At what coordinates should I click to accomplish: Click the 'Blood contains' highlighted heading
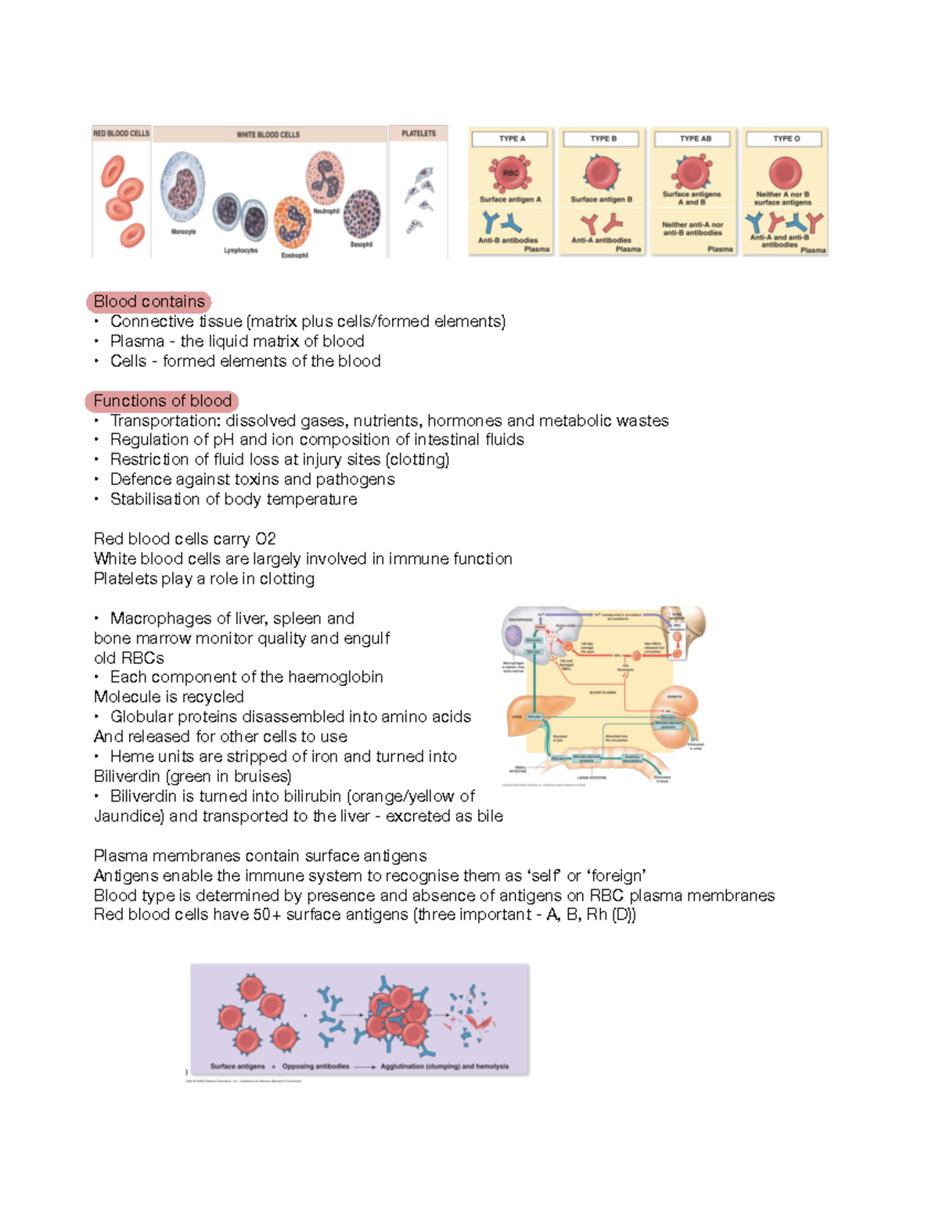(x=149, y=301)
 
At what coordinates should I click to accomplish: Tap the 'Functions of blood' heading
(x=162, y=400)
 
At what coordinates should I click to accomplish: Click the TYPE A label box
(x=512, y=138)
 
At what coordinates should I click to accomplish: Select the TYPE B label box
(x=603, y=138)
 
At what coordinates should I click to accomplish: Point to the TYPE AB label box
(x=694, y=138)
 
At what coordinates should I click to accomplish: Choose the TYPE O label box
(x=786, y=138)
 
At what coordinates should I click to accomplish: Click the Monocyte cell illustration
(x=182, y=188)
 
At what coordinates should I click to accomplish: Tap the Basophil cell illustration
(x=362, y=213)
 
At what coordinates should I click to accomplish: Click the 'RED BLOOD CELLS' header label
(x=121, y=134)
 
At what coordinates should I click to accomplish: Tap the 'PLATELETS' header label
(x=419, y=134)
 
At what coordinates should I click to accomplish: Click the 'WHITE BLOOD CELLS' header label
(x=268, y=135)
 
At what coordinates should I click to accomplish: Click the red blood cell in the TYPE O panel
(x=785, y=173)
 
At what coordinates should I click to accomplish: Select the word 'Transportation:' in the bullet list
(x=165, y=421)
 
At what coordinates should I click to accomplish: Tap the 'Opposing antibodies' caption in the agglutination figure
(x=315, y=1066)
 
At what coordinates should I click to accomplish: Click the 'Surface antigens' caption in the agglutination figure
(x=237, y=1066)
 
